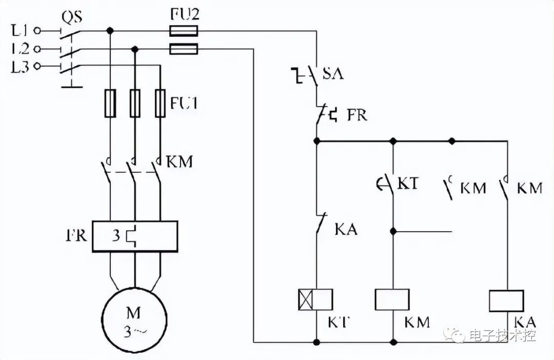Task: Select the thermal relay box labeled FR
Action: (x=135, y=236)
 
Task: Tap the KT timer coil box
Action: (x=315, y=299)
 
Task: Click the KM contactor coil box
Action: (x=392, y=299)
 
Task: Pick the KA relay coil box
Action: (x=506, y=301)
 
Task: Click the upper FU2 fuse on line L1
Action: (x=183, y=31)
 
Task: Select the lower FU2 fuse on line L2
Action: (x=183, y=49)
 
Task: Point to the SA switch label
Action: (x=333, y=73)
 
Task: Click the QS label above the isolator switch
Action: (x=72, y=16)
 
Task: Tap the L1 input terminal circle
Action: (x=37, y=31)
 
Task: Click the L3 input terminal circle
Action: (x=37, y=66)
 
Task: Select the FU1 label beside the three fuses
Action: (x=184, y=103)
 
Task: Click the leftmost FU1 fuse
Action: (x=110, y=103)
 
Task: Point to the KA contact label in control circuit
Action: (x=346, y=230)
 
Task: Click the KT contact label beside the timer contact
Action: (x=408, y=184)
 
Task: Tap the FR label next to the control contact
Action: (x=357, y=115)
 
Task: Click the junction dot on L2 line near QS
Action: (x=134, y=49)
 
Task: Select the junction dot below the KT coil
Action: (x=316, y=342)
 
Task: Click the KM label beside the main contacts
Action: (x=180, y=162)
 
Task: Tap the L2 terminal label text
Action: (x=20, y=49)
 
